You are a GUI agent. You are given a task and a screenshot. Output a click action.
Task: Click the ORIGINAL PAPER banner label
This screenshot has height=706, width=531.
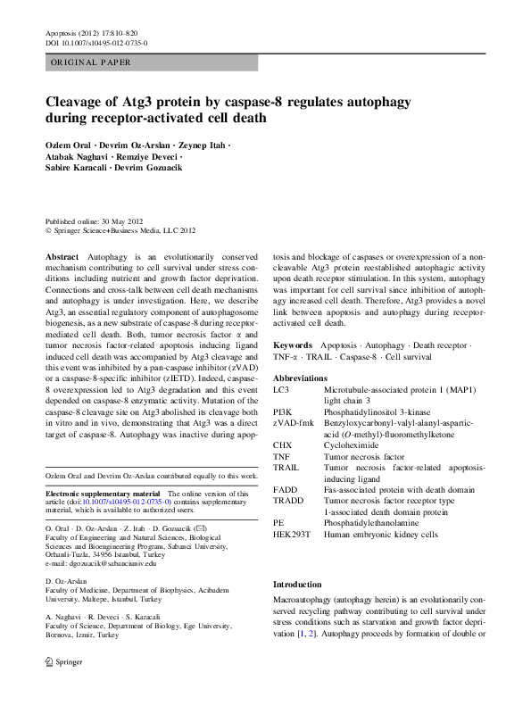(91, 62)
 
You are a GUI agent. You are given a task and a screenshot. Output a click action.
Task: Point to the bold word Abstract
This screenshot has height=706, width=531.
(61, 255)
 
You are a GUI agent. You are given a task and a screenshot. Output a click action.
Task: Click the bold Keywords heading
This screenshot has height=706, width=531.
(293, 345)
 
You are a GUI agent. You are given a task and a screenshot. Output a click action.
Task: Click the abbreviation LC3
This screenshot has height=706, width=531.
(281, 391)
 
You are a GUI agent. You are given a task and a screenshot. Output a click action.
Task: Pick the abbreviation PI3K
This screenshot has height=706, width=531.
(284, 412)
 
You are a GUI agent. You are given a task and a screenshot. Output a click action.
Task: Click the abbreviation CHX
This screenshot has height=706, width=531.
(283, 444)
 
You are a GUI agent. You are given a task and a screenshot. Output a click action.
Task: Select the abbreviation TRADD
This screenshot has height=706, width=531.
(288, 502)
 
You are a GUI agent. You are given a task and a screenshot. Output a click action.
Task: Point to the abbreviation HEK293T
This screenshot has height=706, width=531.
(292, 534)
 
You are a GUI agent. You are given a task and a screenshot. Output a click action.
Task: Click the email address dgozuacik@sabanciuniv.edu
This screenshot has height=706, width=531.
(100, 564)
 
